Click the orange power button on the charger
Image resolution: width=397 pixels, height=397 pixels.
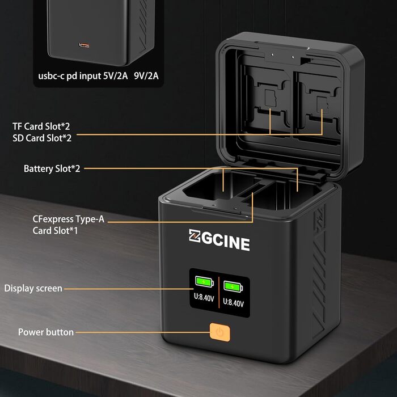pyautogui.click(x=218, y=331)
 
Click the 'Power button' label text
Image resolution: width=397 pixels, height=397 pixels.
pyautogui.click(x=46, y=332)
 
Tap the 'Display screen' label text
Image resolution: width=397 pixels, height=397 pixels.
pyautogui.click(x=33, y=288)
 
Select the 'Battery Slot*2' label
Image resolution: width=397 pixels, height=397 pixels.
pyautogui.click(x=52, y=168)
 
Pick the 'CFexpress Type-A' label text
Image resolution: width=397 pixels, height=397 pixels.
pyautogui.click(x=69, y=219)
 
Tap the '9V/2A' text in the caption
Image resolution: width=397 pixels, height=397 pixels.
pyautogui.click(x=147, y=75)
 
